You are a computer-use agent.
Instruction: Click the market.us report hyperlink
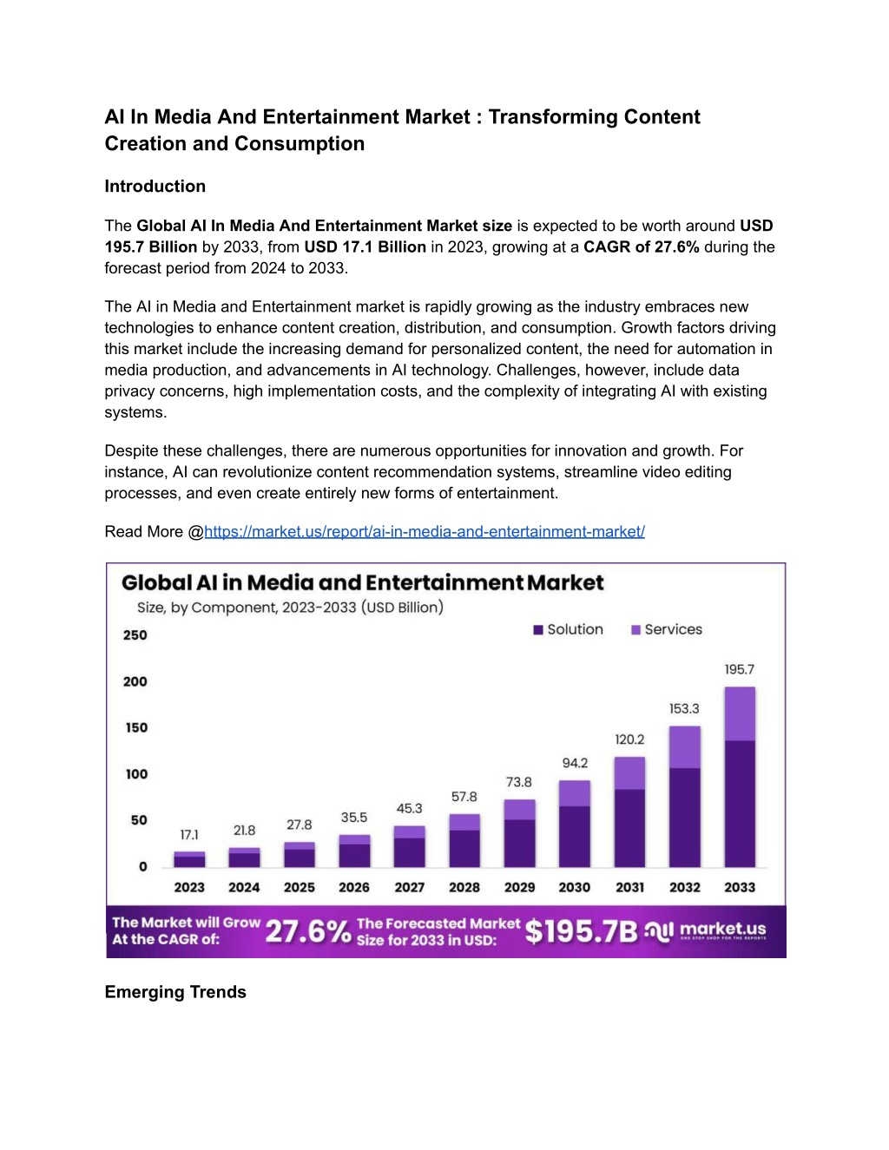tap(425, 531)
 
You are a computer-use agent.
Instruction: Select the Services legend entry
tap(667, 629)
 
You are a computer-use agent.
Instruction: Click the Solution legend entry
tap(569, 629)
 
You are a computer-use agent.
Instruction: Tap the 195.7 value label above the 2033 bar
tap(740, 669)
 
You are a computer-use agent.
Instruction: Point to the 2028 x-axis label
tap(464, 888)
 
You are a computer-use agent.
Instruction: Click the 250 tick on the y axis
tap(135, 635)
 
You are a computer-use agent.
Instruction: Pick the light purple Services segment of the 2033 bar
tap(740, 714)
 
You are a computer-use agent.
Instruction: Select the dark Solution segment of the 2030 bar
tap(574, 837)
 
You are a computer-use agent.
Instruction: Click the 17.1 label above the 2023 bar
tap(189, 835)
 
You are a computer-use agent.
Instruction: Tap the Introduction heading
tap(155, 187)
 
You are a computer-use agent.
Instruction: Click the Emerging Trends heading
tap(175, 992)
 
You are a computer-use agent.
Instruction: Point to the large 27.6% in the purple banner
tap(308, 932)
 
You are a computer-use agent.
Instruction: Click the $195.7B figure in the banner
tap(582, 931)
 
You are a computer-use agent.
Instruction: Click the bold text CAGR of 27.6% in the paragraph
tap(642, 247)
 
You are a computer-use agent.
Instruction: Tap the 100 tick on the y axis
tap(136, 774)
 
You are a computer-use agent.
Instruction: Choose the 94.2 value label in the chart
tap(575, 763)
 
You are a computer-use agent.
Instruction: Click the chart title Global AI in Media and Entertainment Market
tap(363, 582)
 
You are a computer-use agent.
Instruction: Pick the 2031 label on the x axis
tap(629, 888)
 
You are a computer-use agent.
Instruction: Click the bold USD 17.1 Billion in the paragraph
tap(365, 247)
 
